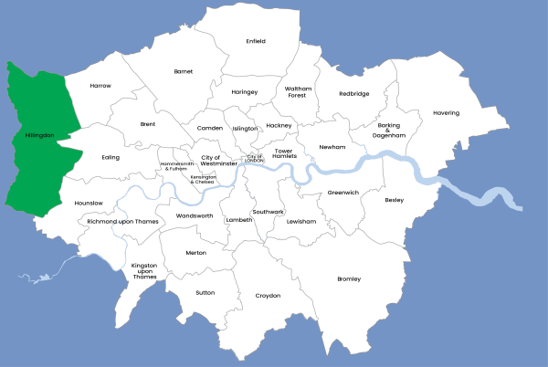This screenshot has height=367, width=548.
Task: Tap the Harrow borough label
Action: [x=100, y=86]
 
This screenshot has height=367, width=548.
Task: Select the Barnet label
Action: [x=184, y=70]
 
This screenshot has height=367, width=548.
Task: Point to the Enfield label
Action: [x=257, y=41]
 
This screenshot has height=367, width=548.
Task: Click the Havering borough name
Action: [x=447, y=113]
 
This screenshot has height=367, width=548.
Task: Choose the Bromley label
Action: [x=349, y=278]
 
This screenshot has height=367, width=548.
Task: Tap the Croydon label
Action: [x=268, y=296]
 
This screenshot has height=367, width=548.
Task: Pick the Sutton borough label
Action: [x=205, y=293]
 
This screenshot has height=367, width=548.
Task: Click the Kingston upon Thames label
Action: [x=144, y=271]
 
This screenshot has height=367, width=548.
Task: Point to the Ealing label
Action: [x=111, y=157]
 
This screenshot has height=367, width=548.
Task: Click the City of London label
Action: [x=255, y=158]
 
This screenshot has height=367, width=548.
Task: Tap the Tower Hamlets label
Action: [x=290, y=154]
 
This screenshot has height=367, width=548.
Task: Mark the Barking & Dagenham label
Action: [x=388, y=131]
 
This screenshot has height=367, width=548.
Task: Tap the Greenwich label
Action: [x=343, y=193]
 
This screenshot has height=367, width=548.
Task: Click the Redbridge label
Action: [x=354, y=93]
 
